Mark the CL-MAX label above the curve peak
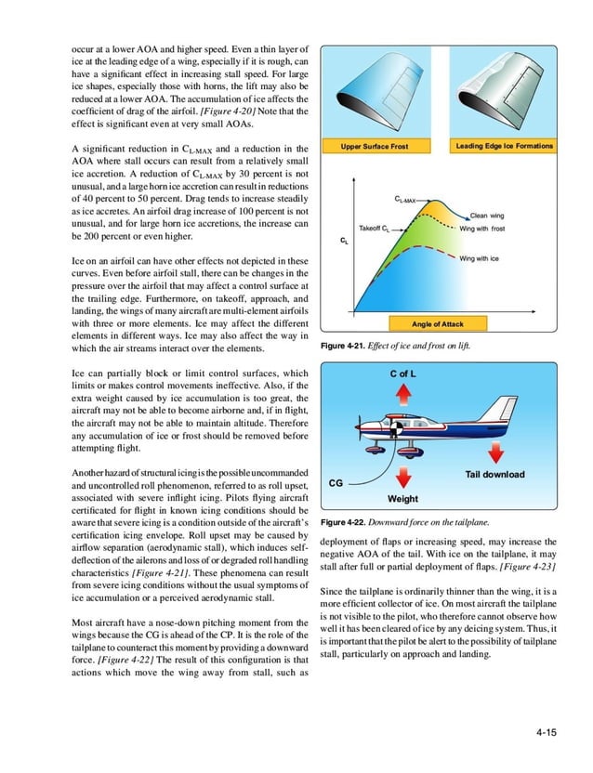pos(406,199)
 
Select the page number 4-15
pos(546,734)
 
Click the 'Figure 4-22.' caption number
pos(343,523)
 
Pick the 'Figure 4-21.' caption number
pos(343,346)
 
